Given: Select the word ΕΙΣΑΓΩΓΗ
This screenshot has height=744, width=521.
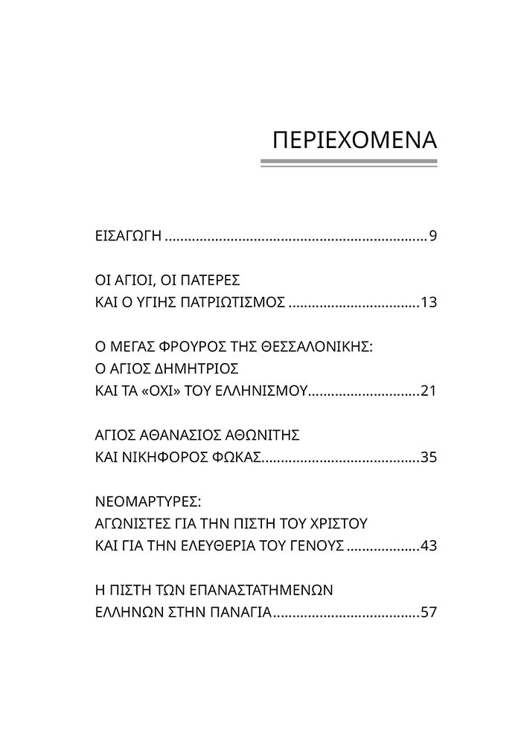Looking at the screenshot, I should [x=123, y=237].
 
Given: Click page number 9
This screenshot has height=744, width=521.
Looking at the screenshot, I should [x=432, y=237].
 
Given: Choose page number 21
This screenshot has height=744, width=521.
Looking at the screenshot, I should [x=428, y=390].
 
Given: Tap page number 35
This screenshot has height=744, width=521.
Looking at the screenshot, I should [x=428, y=456].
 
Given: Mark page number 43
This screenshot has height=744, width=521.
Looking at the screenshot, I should [x=428, y=545].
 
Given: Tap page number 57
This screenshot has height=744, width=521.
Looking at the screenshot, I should [x=428, y=612].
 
